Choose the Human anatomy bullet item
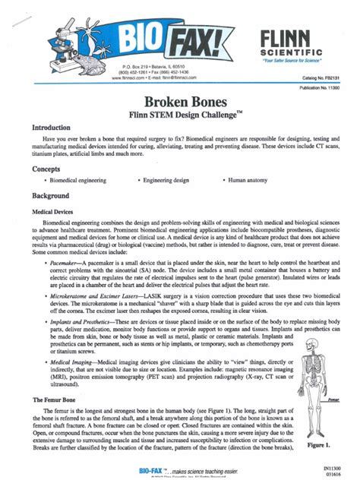(x=248, y=182)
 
